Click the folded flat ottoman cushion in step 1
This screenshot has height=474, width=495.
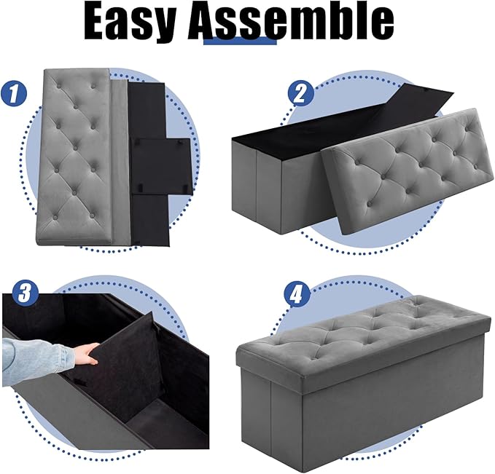[77, 157]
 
